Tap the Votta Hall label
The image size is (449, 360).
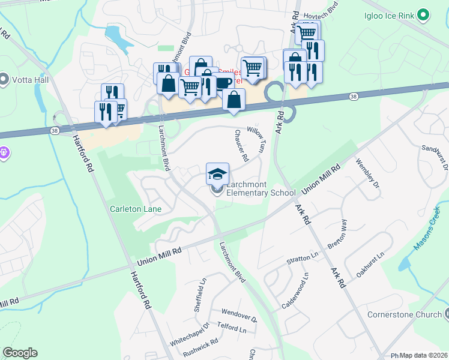[x=28, y=79]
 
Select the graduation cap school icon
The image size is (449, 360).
[x=217, y=174]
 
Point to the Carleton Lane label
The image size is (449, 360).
[x=136, y=209]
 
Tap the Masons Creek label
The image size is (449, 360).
[x=427, y=228]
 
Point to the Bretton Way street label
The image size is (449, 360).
[x=337, y=235]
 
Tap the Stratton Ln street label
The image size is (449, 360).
[x=302, y=257]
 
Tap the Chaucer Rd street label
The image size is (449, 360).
[x=241, y=147]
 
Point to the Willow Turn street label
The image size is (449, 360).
[x=256, y=138]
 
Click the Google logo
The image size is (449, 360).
[x=20, y=353]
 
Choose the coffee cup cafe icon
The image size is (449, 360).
[x=224, y=82]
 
